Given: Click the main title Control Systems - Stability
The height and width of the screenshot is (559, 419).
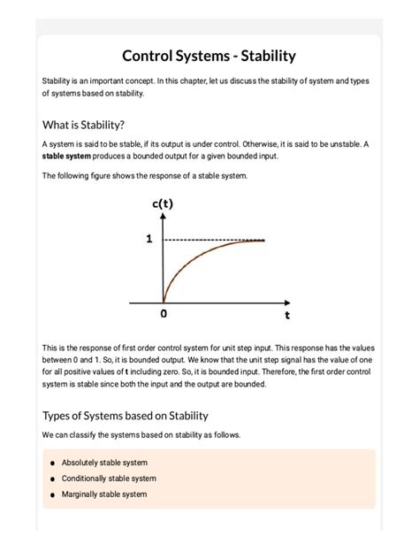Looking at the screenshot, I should [x=209, y=56].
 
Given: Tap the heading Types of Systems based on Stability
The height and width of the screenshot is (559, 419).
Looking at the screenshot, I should [x=125, y=415].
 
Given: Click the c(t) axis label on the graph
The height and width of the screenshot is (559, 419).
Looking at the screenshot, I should [x=163, y=204].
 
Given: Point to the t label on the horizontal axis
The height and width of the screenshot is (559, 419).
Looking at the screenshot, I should [x=287, y=313].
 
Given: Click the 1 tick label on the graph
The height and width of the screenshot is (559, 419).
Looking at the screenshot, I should [x=149, y=239].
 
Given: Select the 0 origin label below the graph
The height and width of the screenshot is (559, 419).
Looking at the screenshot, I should [x=164, y=313].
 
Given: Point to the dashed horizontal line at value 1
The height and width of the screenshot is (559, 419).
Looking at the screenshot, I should [x=212, y=240].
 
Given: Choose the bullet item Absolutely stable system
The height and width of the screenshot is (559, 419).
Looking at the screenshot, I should [x=104, y=463].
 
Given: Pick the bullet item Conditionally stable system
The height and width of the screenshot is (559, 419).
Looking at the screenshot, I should [x=109, y=479].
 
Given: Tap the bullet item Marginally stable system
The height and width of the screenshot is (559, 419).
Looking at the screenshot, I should [x=104, y=494].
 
